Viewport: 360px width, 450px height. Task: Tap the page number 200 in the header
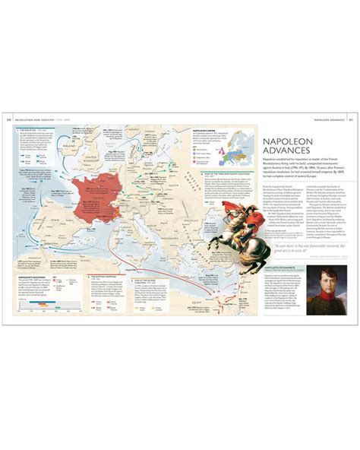pos(8,119)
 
